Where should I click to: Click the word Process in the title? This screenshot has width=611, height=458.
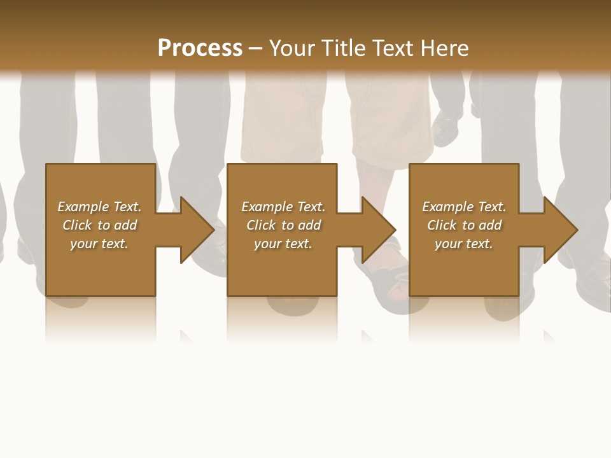[x=200, y=48]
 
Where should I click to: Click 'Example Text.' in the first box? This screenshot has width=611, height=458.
[x=99, y=206]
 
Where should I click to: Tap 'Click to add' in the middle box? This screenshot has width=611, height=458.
[x=283, y=225]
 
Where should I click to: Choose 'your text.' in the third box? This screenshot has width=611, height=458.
[x=463, y=243]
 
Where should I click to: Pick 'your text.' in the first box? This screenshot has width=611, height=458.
[x=99, y=243]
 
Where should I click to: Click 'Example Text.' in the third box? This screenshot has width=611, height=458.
[x=463, y=206]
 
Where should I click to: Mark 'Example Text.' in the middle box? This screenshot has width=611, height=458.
[x=283, y=206]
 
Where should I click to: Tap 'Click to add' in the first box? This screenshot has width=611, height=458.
[x=99, y=225]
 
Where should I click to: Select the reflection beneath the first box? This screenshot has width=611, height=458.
[x=101, y=318]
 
